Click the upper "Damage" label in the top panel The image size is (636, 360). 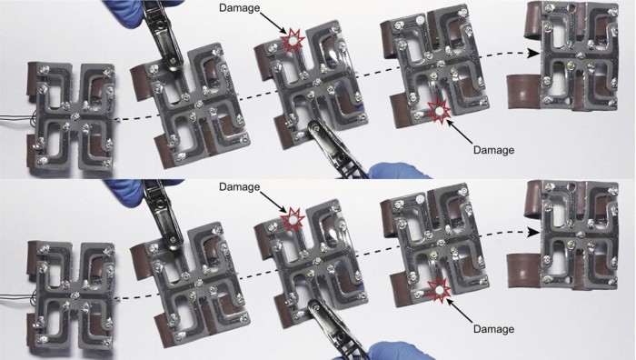pos(239,7)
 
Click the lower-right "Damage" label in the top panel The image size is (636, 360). pos(493,150)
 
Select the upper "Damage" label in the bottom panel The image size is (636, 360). pos(239,186)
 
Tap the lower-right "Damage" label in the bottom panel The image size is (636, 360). pos(493,329)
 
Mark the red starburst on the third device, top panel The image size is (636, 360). pos(292,40)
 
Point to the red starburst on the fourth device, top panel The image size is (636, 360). pos(439,110)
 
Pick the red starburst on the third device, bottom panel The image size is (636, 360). pos(293,220)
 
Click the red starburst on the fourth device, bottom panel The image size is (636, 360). pos(439,289)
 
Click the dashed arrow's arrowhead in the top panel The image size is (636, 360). pos(533,53)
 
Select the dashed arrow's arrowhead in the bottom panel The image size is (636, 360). pos(533,232)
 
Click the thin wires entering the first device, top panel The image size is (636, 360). pos(16,119)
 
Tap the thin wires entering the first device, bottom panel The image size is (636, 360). pos(16,297)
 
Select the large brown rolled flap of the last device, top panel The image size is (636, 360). pos(524,91)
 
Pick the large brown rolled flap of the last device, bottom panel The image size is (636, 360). pos(524,270)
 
